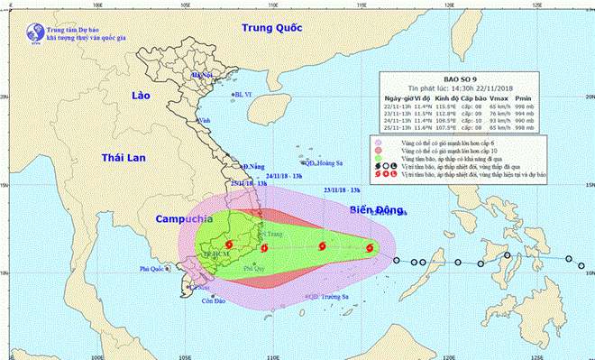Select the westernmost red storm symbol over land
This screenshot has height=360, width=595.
228,245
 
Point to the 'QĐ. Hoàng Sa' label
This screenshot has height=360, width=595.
321,163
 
